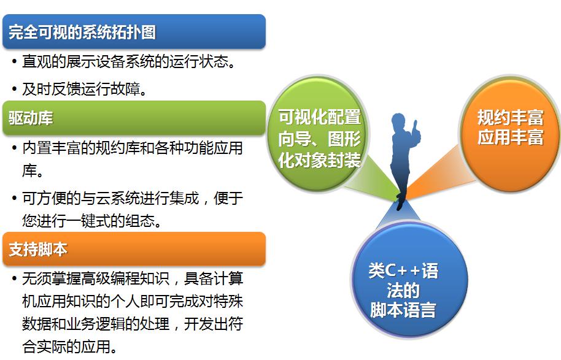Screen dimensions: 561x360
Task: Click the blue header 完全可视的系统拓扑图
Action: click(134, 31)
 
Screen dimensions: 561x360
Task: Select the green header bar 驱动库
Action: click(134, 118)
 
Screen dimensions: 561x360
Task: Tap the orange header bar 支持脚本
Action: click(134, 249)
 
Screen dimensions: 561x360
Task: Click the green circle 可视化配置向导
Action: click(318, 134)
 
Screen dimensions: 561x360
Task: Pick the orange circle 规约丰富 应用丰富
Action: click(509, 133)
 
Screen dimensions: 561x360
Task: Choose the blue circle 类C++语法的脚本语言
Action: click(409, 280)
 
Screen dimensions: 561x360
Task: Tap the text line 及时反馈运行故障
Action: click(85, 89)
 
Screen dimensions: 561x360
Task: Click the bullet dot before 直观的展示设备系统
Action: click(14, 61)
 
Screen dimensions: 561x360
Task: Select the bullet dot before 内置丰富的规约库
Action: click(14, 148)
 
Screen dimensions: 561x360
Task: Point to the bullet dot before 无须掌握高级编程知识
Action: click(14, 278)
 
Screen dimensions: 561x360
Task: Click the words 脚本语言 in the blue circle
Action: click(403, 310)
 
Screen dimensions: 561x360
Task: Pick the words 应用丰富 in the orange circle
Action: click(511, 137)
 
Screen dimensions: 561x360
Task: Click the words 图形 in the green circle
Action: click(344, 139)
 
